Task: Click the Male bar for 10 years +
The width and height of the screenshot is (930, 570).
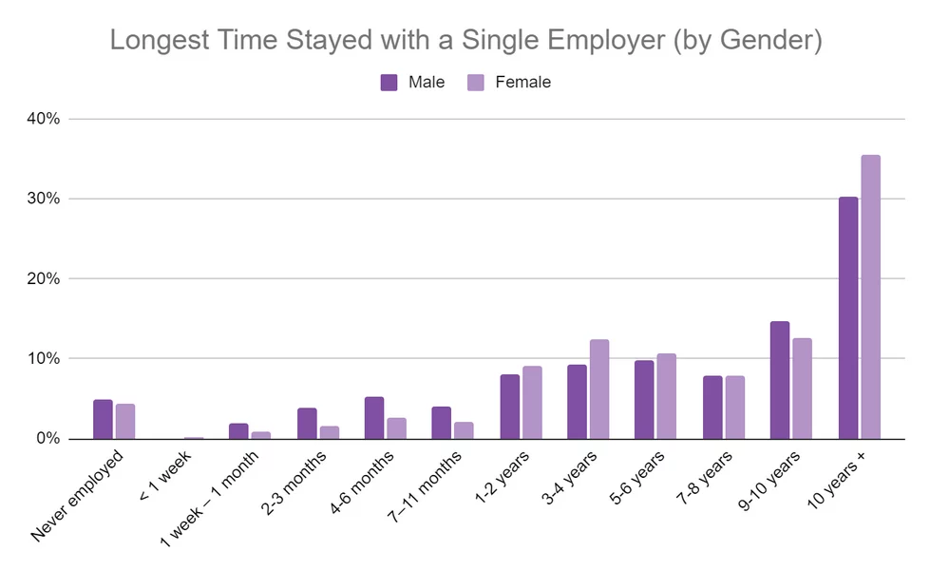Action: coord(848,318)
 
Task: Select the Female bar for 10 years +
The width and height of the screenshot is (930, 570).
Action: coord(871,297)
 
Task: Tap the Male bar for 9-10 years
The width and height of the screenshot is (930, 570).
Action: coord(780,380)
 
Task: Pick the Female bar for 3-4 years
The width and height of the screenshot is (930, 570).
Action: coord(599,389)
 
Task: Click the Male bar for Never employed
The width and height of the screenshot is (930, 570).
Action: coord(103,420)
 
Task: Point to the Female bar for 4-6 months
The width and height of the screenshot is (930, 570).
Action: coord(396,428)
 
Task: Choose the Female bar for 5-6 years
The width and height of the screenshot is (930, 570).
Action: coord(667,396)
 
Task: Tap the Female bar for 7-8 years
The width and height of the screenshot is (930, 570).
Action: coord(735,408)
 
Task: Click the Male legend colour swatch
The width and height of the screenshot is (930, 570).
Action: coord(389,82)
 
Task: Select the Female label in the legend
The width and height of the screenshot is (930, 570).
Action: coord(522,82)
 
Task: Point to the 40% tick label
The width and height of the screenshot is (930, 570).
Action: coord(45,119)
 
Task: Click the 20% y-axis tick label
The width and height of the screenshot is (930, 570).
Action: coord(45,278)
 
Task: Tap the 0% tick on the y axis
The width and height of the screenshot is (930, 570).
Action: coord(48,439)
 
